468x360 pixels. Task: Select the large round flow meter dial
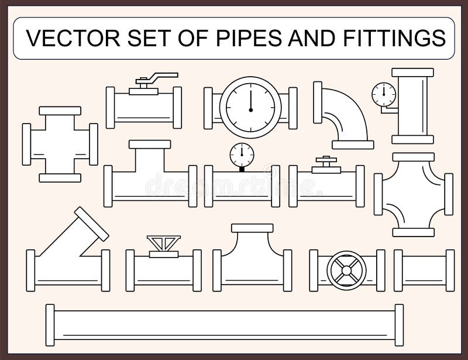coord(250,107)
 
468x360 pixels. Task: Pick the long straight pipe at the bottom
coord(225,325)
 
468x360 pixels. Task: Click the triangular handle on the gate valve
coord(164,242)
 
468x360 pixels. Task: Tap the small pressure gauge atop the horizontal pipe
coord(242,155)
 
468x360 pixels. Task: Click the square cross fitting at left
coord(60,144)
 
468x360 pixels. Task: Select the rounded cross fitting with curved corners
coord(414,194)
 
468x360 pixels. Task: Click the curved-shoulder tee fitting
coord(252,260)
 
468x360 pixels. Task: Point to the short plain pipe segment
coord(424,270)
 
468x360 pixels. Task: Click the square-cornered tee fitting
coord(150,179)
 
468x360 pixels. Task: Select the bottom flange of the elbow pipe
coord(352,144)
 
